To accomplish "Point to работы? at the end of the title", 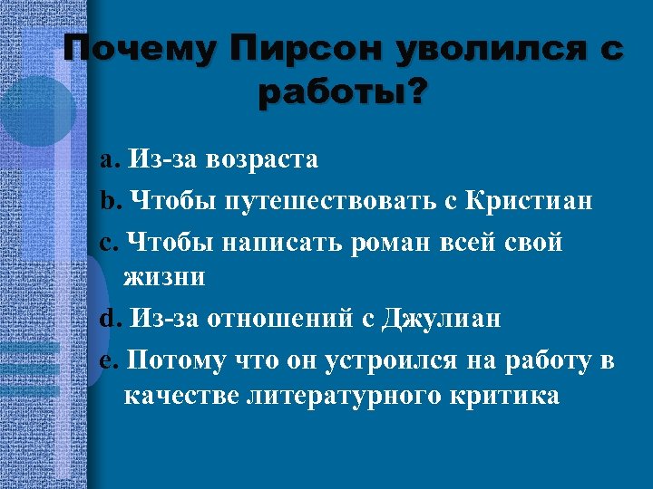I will (340, 92).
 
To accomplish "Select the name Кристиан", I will (530, 201).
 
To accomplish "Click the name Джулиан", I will (441, 319).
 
